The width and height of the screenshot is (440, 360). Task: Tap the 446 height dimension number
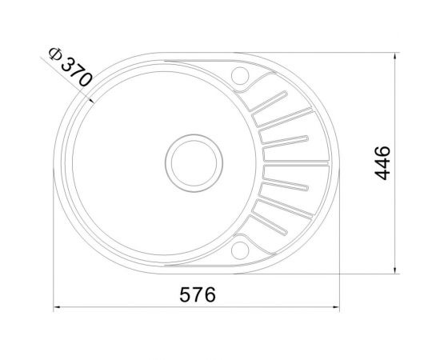click(x=382, y=162)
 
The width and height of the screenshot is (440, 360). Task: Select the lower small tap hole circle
click(x=239, y=251)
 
